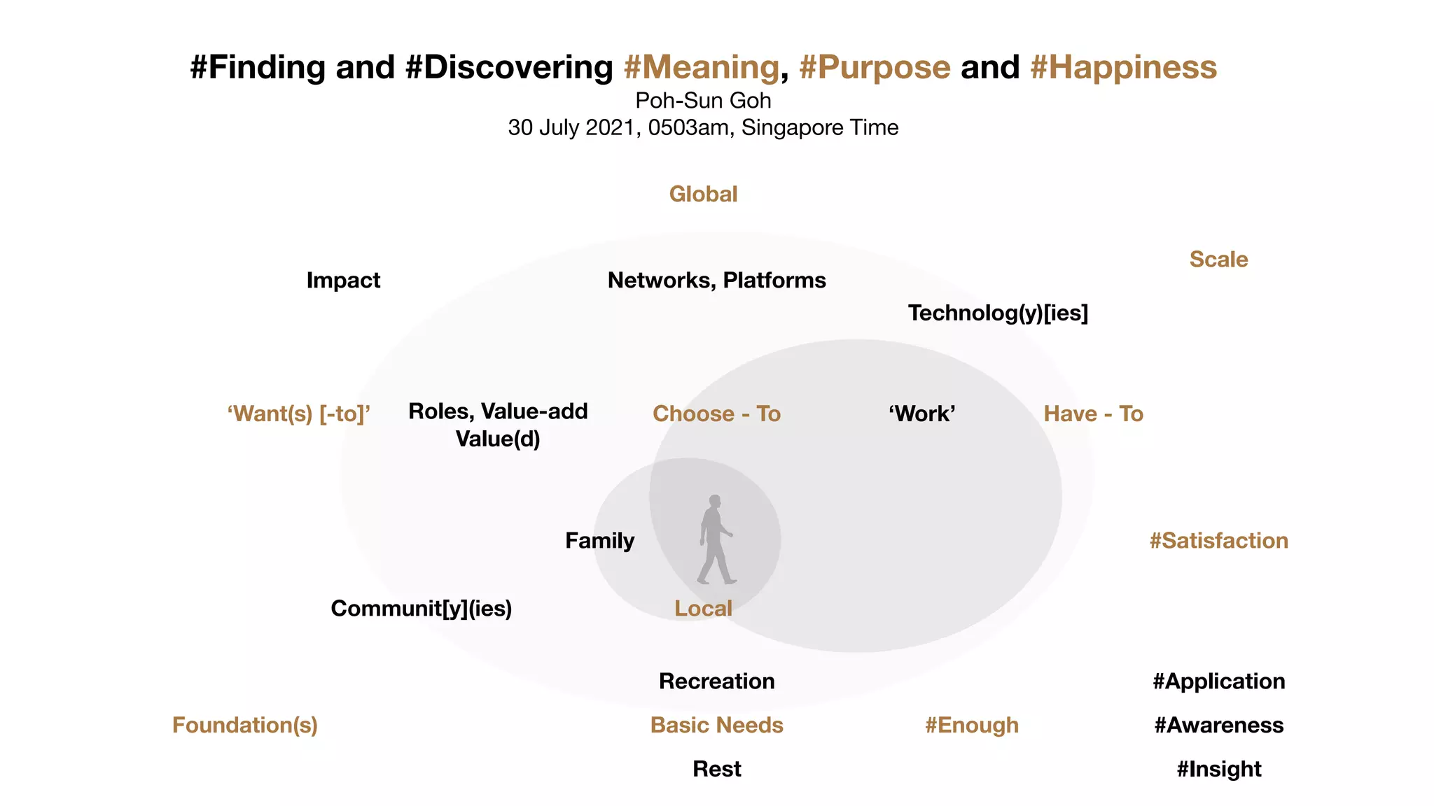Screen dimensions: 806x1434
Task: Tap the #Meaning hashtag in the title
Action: tap(701, 68)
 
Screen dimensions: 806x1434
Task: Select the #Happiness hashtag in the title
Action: tap(1123, 68)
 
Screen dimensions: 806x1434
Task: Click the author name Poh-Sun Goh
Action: tap(703, 101)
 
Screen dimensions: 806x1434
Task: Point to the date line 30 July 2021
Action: tap(703, 128)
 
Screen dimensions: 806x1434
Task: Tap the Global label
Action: tap(703, 194)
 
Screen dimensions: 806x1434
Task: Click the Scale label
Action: tap(1218, 260)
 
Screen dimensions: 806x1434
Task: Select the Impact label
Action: tap(343, 281)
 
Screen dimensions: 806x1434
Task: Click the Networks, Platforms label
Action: tap(716, 281)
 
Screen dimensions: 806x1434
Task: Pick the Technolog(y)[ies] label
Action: tap(998, 313)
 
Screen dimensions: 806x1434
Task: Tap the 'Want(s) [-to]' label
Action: tap(298, 414)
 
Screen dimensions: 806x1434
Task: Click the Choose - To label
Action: tap(716, 414)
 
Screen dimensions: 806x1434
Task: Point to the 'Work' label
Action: tap(921, 414)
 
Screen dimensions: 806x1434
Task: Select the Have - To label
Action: tap(1093, 414)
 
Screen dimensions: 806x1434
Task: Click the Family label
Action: tap(599, 541)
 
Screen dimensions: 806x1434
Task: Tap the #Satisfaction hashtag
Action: tap(1218, 541)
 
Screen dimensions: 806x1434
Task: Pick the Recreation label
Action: tap(716, 681)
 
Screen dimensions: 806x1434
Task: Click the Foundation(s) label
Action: tap(245, 726)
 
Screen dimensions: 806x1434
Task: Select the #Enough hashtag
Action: tap(971, 726)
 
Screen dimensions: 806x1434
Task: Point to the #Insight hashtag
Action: tap(1218, 770)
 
